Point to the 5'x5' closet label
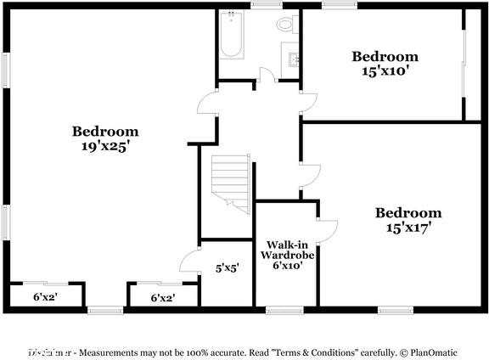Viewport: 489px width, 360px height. pos(227,267)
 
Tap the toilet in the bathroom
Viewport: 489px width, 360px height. pos(284,25)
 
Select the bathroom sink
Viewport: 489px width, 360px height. pos(294,60)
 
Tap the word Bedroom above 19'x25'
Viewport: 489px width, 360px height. pos(105,132)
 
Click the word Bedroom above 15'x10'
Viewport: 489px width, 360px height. pos(386,57)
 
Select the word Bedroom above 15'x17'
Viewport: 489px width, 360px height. pos(408,212)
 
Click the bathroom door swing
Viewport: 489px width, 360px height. pos(265,75)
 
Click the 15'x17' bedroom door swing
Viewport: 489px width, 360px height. pos(310,173)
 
